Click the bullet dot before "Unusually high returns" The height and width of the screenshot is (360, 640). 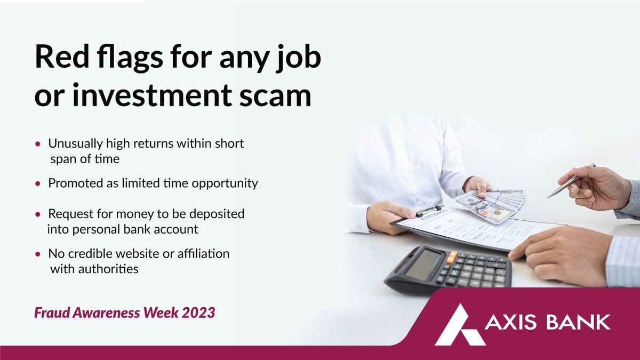click(37, 145)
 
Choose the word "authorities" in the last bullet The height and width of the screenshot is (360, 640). click(94, 269)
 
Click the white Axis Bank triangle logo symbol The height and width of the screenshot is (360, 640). click(459, 325)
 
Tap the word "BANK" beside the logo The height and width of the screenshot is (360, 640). click(580, 322)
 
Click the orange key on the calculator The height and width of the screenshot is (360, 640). click(451, 258)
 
